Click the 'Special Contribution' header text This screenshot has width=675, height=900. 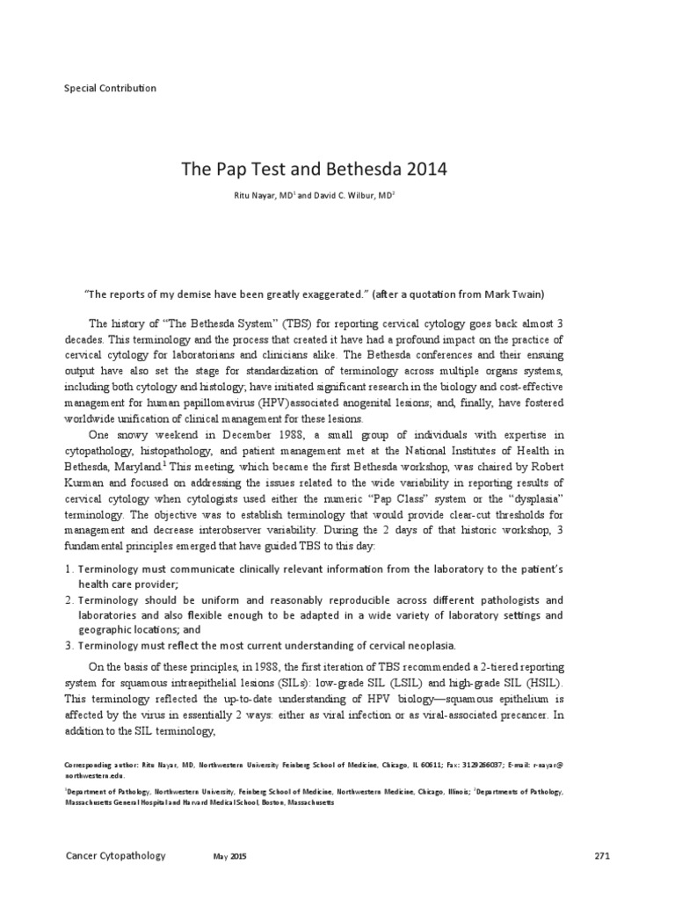pyautogui.click(x=111, y=88)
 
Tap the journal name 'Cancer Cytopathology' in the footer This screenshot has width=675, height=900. pyautogui.click(x=115, y=855)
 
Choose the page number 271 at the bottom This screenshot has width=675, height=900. pyautogui.click(x=601, y=855)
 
